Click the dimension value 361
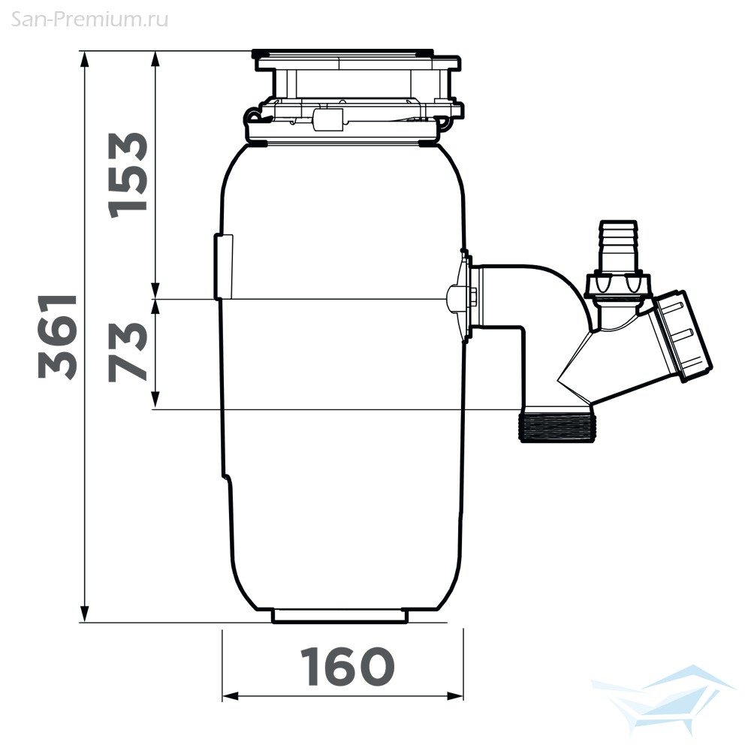click(58, 336)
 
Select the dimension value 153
click(128, 175)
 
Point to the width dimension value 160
click(347, 666)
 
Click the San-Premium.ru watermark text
click(89, 20)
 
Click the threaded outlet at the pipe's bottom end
click(556, 427)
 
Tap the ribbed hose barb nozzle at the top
click(618, 246)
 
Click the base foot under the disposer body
click(340, 616)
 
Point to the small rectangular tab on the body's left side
click(223, 266)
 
